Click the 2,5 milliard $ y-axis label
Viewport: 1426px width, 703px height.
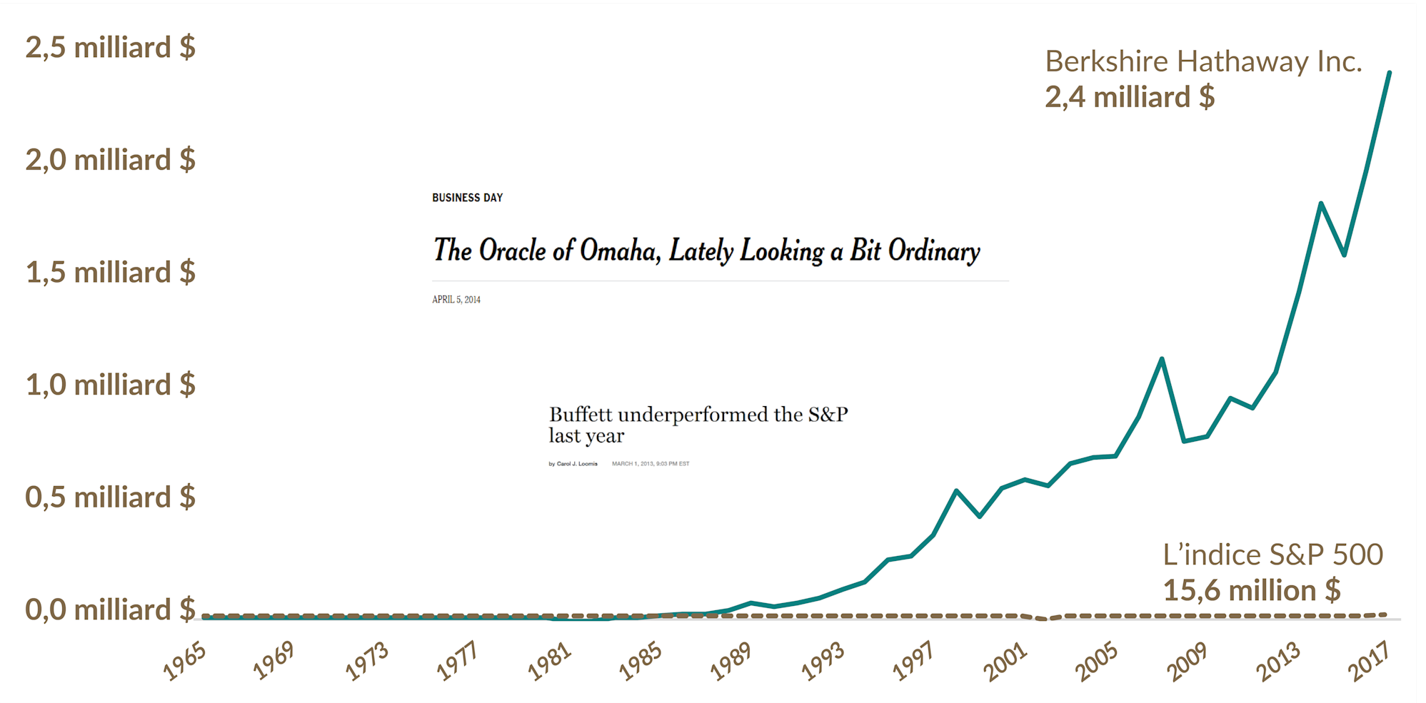[x=110, y=48]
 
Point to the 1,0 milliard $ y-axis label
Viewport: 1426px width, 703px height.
[x=110, y=385]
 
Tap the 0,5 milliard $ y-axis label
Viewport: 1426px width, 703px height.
[x=110, y=497]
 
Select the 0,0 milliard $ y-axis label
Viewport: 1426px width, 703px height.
[x=110, y=610]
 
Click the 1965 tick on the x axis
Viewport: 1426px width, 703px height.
[x=185, y=662]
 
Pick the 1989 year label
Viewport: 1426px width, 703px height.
[x=731, y=662]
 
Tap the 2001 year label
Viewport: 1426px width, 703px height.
[x=1005, y=662]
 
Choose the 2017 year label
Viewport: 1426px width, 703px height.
[x=1369, y=662]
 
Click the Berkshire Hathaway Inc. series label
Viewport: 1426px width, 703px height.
[x=1203, y=62]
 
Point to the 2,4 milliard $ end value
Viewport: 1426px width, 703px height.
[x=1130, y=98]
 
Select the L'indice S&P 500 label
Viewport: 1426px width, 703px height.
[x=1272, y=555]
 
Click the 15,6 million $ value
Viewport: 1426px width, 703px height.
[x=1251, y=591]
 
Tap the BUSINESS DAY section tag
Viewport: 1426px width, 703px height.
[x=467, y=198]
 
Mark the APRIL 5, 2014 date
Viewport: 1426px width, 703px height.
[x=456, y=300]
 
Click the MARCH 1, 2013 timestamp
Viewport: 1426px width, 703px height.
[x=650, y=464]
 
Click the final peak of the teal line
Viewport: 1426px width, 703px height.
[x=1389, y=72]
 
